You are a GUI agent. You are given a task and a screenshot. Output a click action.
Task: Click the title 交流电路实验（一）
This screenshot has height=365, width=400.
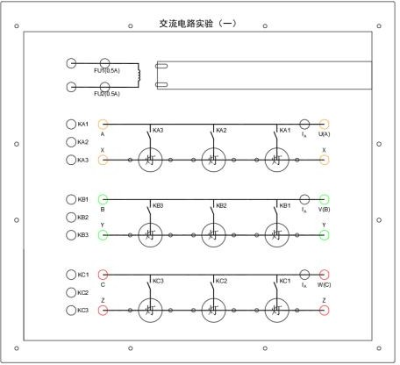point(198,23)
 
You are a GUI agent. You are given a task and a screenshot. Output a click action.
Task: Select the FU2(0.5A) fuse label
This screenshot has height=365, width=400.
point(107,93)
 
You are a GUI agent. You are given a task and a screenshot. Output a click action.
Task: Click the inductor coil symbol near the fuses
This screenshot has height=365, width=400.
point(137,75)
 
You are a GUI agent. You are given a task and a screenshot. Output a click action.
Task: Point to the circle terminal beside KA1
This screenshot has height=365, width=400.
point(71,125)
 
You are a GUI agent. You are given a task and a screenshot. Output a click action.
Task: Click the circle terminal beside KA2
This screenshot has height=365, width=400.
point(71,142)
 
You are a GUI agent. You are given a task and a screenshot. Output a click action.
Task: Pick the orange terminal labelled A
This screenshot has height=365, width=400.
point(103,125)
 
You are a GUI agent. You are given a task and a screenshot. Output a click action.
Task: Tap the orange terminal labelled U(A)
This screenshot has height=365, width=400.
point(324,125)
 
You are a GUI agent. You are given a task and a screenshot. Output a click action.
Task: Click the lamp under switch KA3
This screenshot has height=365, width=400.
point(150,160)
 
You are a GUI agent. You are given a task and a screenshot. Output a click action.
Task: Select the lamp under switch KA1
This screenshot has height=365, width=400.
point(277,160)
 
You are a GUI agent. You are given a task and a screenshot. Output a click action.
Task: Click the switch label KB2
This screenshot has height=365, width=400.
point(221,205)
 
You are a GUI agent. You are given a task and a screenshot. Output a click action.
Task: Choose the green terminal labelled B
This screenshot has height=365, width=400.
point(103,200)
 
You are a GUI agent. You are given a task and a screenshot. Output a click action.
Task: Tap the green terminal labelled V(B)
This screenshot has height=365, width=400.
point(324,200)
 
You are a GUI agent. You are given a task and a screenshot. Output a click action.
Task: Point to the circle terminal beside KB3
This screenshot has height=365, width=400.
point(71,235)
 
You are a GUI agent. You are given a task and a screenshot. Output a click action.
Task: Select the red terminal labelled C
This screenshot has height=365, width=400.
point(103,275)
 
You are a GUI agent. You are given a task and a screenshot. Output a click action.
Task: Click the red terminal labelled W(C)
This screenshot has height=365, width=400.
point(324,275)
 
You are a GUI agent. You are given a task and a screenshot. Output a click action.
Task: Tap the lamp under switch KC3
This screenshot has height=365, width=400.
point(150,310)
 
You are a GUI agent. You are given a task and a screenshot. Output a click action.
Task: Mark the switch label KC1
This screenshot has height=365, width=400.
point(285,281)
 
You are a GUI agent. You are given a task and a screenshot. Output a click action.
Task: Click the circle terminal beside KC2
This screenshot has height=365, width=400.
point(71,292)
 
